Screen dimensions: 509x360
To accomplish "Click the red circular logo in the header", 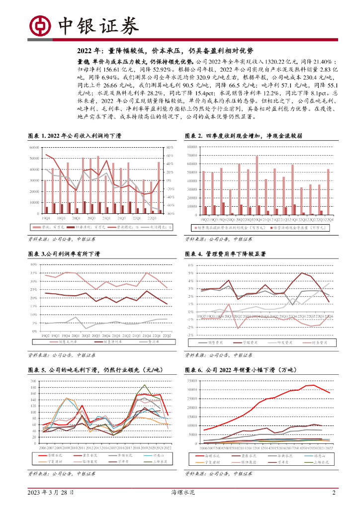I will coord(39,23).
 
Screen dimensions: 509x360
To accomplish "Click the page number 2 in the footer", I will coord(334,493).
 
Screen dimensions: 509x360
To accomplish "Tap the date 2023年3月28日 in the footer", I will coord(50,493).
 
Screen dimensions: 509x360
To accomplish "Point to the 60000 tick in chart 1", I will coord(34,148).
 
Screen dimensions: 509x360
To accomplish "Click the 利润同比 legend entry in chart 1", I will coord(156,227).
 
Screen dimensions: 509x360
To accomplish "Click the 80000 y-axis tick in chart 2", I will coord(191,148).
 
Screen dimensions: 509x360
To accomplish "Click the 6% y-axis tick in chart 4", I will coord(190,265).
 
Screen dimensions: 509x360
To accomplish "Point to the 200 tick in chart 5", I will coord(33,381).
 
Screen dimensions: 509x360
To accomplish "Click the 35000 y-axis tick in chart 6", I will coord(192,381).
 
